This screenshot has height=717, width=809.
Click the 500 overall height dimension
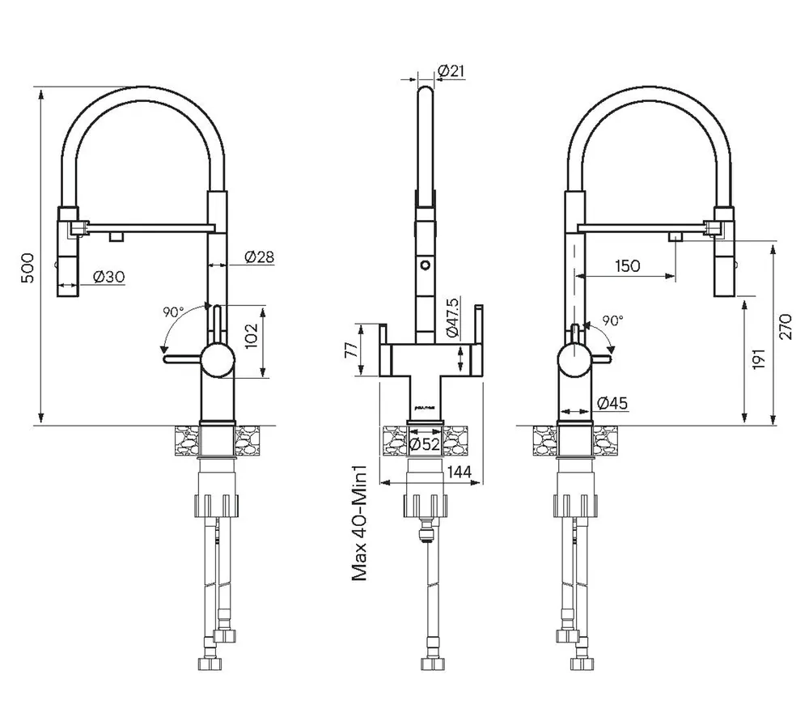point(28,267)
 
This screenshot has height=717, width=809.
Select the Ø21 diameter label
point(451,71)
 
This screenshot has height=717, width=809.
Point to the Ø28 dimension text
point(258,257)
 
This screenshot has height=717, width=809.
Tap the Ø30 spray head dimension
point(108,277)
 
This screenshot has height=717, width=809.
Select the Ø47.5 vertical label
point(452,318)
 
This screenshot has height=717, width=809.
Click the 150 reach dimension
point(627,265)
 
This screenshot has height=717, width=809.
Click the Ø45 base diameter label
point(612,403)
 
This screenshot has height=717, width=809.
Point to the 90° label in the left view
point(173,312)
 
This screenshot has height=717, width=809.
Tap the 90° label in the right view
point(612,320)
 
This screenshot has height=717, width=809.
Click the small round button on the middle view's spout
point(424,265)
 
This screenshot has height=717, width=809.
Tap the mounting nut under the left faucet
point(216,507)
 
